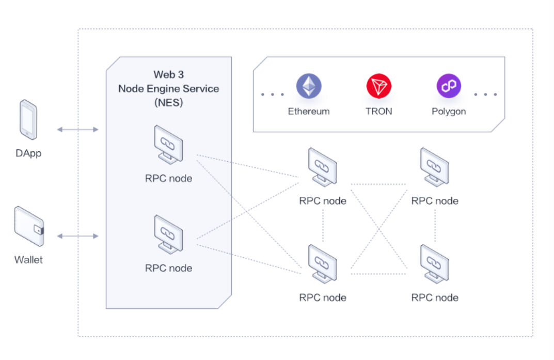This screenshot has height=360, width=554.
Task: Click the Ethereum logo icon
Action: [x=309, y=86]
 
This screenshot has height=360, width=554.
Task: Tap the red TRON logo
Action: [x=379, y=86]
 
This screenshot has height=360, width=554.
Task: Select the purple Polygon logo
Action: [x=449, y=86]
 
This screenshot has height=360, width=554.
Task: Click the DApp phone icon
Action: [x=28, y=120]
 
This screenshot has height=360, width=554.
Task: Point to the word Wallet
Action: [x=28, y=260]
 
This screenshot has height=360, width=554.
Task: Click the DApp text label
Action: [x=28, y=153]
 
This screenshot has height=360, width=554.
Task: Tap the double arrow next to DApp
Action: [x=77, y=129]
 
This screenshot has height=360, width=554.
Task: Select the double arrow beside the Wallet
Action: [x=77, y=236]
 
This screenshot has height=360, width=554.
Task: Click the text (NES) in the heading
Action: [x=168, y=102]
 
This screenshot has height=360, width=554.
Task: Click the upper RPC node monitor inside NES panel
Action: [x=168, y=145]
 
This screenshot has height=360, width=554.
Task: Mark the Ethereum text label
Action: [x=309, y=112]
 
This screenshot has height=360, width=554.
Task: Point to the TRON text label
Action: [x=379, y=112]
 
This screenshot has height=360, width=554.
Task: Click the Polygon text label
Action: [x=449, y=112]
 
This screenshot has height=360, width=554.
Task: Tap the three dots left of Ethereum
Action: [x=273, y=95]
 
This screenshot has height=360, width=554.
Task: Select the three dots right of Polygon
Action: [x=485, y=95]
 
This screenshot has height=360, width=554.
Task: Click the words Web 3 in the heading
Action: [x=168, y=75]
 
